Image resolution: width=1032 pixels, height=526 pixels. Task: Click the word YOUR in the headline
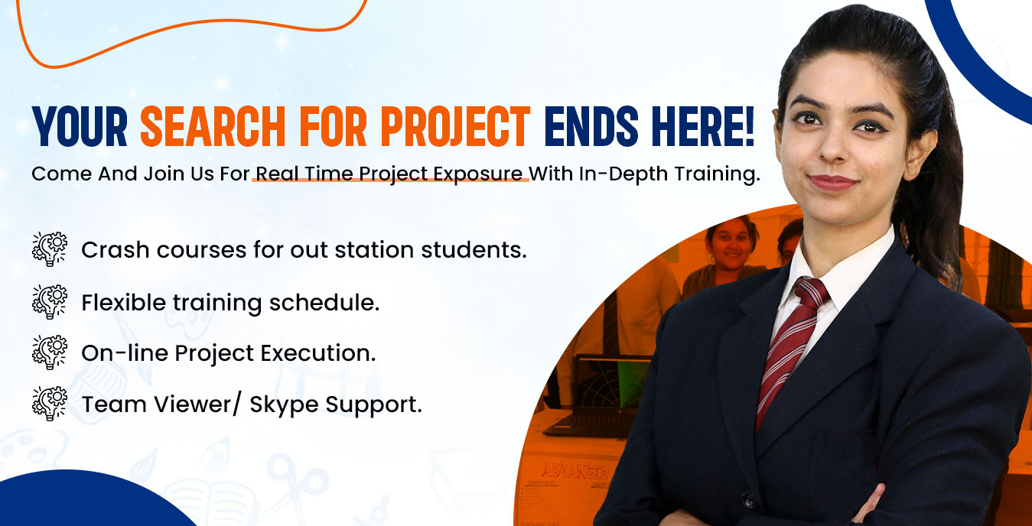[x=80, y=126]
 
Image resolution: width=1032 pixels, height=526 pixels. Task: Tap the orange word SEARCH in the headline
[x=213, y=126]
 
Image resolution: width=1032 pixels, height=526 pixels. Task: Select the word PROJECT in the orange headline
[x=456, y=126]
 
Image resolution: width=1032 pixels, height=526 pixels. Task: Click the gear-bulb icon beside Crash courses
[x=50, y=249]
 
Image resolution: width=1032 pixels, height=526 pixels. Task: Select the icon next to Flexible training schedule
[x=50, y=302]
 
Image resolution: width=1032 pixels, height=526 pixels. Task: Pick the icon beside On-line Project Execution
[x=50, y=352]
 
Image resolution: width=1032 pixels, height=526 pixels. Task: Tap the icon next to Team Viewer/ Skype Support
[x=50, y=404]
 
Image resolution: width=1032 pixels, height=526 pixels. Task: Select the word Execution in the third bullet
[x=318, y=353]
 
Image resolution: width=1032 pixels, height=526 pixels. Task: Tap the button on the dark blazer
[x=748, y=498]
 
